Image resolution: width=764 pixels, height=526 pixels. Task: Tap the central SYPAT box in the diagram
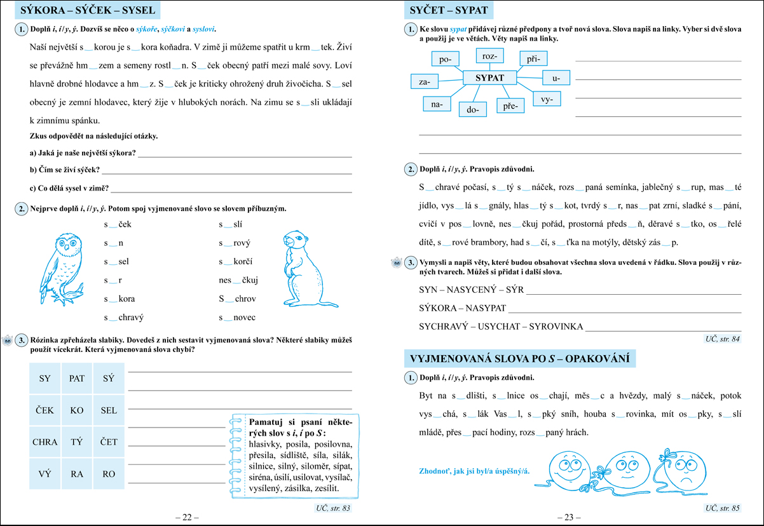click(489, 78)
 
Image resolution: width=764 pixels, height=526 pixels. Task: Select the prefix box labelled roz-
click(489, 57)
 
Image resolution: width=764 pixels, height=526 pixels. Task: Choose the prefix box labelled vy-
click(547, 100)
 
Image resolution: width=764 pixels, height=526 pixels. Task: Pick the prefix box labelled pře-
click(510, 105)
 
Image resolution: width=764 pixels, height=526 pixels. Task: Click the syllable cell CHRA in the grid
click(44, 442)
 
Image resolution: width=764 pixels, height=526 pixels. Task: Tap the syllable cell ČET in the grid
click(109, 442)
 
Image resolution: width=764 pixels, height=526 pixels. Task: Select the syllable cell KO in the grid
click(77, 410)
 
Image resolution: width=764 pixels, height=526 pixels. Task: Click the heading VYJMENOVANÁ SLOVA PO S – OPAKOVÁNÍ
click(520, 358)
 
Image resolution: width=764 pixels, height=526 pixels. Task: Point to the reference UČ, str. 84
click(723, 339)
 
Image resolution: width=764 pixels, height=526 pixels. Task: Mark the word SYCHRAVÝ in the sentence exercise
click(443, 327)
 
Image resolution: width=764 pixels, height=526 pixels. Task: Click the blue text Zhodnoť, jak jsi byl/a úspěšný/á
click(474, 472)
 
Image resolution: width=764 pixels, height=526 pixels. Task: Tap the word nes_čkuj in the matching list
click(238, 280)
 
